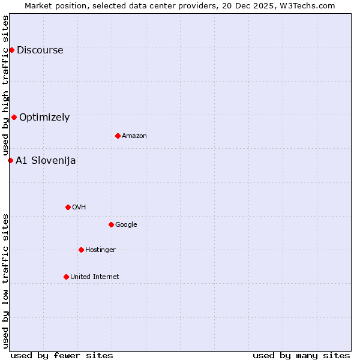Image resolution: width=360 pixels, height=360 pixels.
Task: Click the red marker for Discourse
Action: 11,50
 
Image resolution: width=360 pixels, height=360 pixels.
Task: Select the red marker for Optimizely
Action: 14,117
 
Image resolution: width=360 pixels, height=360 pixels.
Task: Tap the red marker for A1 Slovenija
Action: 10,160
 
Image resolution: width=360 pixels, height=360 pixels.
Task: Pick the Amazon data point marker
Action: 118,136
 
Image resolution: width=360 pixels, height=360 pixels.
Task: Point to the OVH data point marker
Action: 68,207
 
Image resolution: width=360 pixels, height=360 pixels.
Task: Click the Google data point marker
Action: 111,224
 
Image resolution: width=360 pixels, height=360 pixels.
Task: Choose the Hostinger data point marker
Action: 81,250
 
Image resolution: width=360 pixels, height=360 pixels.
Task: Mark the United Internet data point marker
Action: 66,277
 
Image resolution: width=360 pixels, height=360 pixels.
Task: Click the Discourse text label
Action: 40,50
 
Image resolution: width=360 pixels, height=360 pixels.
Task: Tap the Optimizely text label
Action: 44,118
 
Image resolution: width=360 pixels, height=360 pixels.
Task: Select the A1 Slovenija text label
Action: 46,161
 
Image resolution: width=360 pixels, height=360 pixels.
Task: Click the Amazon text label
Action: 134,136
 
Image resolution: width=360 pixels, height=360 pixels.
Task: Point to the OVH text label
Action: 79,208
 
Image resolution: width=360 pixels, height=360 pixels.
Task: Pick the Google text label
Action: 126,225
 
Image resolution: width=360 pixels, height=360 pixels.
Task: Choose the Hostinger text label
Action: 100,250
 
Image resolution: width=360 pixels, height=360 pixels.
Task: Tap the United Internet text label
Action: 95,277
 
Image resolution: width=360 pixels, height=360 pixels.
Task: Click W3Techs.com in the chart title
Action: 305,5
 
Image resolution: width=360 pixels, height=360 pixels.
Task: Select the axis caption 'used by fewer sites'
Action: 62,355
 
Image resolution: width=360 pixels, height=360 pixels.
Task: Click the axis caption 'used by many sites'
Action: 301,355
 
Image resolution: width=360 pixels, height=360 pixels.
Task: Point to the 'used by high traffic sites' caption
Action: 6,86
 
